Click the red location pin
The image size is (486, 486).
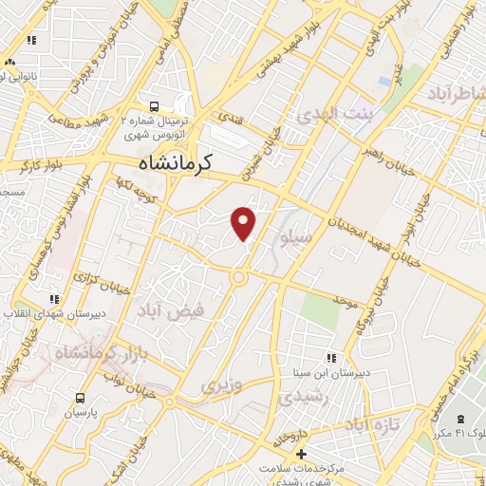tap(244, 222)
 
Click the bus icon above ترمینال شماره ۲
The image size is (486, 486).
tap(154, 107)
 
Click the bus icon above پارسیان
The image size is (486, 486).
tap(81, 399)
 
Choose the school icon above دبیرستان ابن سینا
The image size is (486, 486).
tap(331, 358)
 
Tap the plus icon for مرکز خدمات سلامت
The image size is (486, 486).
tap(301, 455)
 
